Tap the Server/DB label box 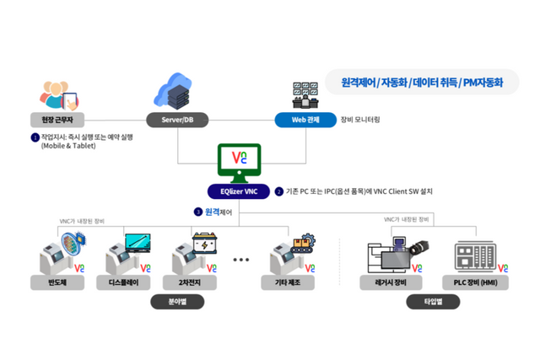coord(178,120)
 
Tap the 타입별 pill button coord(432,301)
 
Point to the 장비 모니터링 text coord(360,120)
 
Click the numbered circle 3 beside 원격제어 coord(197,212)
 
